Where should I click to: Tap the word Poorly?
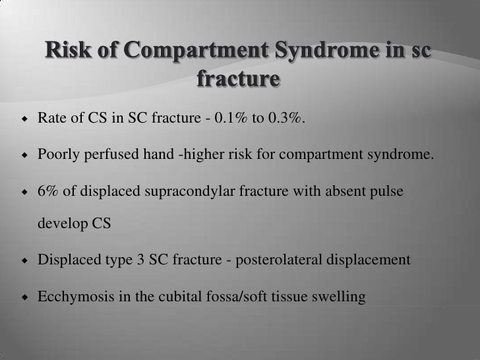(x=58, y=155)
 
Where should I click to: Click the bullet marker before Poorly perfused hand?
(x=24, y=155)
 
